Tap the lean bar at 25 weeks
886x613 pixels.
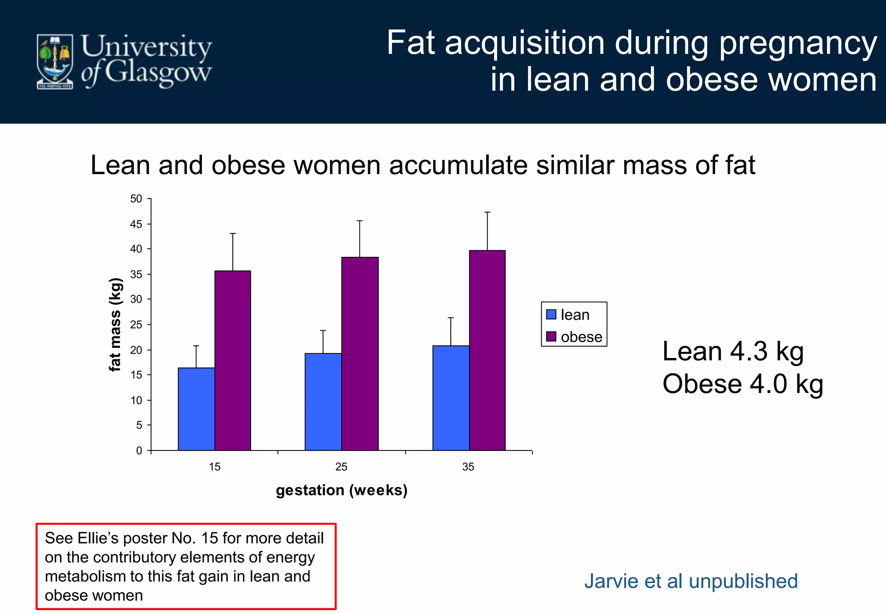coord(323,402)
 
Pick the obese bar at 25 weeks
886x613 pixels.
coord(360,353)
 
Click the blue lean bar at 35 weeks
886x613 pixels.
coord(451,398)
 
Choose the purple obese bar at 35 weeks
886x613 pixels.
coord(487,350)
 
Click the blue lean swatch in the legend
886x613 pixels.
coord(551,314)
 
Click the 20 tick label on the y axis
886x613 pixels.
coord(136,350)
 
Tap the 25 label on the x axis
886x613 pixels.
coord(341,467)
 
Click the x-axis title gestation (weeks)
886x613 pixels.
coord(342,490)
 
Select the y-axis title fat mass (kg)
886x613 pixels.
coord(115,324)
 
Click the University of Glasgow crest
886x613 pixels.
coord(55,62)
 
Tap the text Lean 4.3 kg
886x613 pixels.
coord(733,351)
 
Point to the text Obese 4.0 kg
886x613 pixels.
coord(742,384)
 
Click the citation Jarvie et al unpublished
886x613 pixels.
coord(691,581)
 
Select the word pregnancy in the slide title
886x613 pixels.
coord(797,43)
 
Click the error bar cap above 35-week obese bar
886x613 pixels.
coord(487,212)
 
